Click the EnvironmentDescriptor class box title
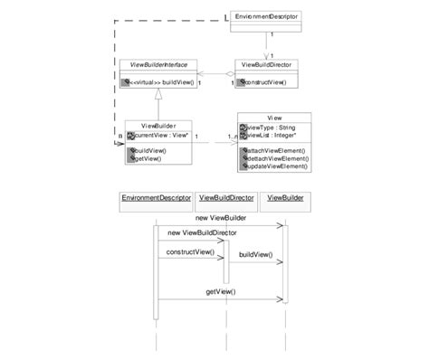pos(266,17)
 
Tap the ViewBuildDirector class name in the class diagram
pos(266,64)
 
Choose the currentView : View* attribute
pos(162,135)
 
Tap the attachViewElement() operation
pos(278,149)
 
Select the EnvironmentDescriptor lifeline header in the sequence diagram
pos(154,196)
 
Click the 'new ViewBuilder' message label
pos(221,218)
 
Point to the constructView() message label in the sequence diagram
pos(191,252)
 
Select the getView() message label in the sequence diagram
pos(220,291)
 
